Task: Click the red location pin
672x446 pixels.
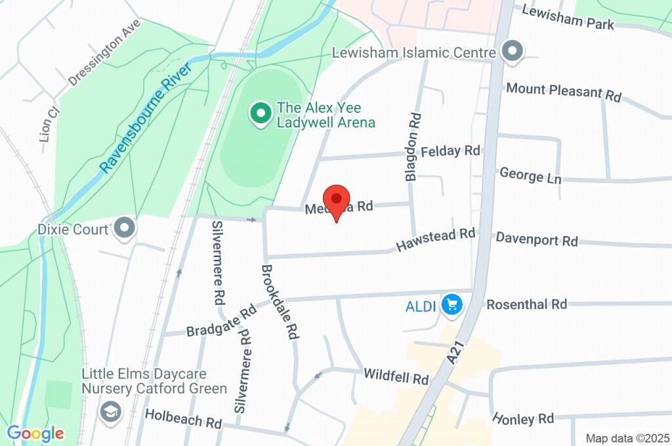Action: [337, 199]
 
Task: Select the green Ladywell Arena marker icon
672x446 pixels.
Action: [261, 114]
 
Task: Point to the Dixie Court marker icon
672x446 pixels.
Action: [123, 228]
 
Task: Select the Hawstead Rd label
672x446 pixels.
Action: [435, 239]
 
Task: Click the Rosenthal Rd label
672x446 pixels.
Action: [526, 304]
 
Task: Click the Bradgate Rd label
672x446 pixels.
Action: [220, 321]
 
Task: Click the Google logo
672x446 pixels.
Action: [35, 433]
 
